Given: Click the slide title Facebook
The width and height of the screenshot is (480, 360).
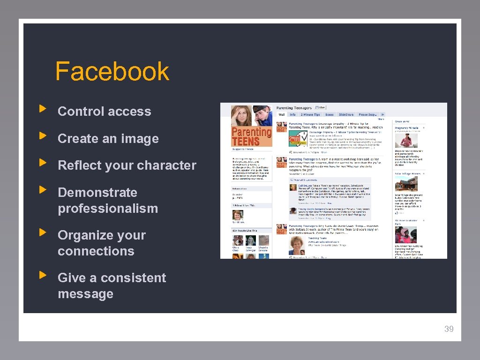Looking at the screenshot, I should pos(112,71).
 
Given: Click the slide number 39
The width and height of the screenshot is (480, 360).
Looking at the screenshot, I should pos(449,329).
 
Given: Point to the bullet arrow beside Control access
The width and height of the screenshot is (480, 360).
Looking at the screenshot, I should pos(43,109).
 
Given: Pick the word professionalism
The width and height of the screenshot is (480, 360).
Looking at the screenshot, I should pos(108,208).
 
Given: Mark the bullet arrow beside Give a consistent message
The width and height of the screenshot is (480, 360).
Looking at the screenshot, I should pos(43,275).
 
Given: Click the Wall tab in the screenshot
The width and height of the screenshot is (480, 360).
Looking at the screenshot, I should pos(282,114).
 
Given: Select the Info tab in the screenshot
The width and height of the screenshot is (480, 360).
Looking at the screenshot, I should pos(292,114).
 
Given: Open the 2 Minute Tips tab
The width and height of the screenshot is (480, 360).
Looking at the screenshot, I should pos(310,114).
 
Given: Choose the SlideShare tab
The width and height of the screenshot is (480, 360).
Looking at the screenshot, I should pos(345,114).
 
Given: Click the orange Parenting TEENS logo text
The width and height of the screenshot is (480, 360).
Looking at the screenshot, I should pos(252,136).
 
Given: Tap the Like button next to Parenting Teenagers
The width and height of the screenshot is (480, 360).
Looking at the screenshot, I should pos(322,108).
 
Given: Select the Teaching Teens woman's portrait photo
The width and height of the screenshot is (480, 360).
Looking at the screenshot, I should pos(297,245).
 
